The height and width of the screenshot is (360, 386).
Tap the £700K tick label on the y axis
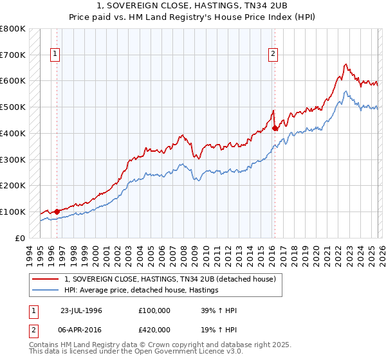coord(13,55)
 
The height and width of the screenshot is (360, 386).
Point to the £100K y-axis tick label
coord(13,212)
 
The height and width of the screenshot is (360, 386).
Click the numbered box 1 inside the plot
coord(56,55)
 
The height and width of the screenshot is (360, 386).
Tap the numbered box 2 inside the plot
coord(273,55)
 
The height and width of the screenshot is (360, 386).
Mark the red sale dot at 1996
coord(57,211)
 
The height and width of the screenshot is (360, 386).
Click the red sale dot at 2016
coord(275,128)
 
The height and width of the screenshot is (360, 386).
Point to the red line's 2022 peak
coord(345,64)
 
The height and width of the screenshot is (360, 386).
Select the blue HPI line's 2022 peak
coord(345,91)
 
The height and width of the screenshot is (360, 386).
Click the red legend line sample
coord(46,279)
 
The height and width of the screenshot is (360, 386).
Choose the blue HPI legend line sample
coord(46,291)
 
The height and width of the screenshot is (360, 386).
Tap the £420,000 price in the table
coord(154,329)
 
